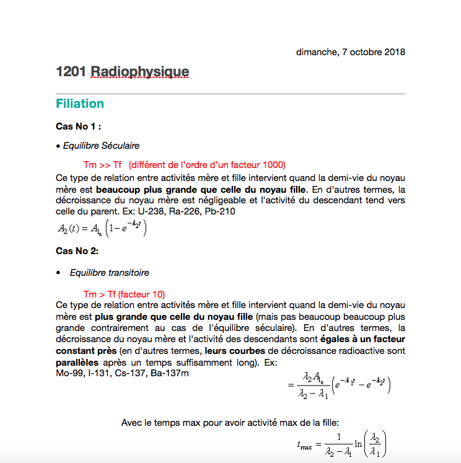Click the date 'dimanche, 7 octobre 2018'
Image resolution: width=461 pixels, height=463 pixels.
(x=350, y=52)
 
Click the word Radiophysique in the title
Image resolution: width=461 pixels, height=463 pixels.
(x=139, y=73)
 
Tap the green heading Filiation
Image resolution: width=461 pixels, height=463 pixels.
(x=80, y=104)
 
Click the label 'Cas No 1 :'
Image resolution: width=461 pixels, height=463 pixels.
(x=79, y=126)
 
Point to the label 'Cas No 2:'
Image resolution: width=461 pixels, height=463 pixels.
(x=77, y=251)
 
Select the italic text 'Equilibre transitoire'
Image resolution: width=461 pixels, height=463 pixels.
(x=109, y=273)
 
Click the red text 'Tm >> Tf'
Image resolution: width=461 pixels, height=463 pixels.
(x=102, y=165)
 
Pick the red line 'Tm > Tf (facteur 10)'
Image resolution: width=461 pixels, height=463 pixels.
(x=124, y=294)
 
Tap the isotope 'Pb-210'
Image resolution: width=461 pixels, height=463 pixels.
(x=222, y=211)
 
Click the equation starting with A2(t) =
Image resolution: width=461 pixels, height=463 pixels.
(x=102, y=229)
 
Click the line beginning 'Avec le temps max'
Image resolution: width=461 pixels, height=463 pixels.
(x=230, y=423)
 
